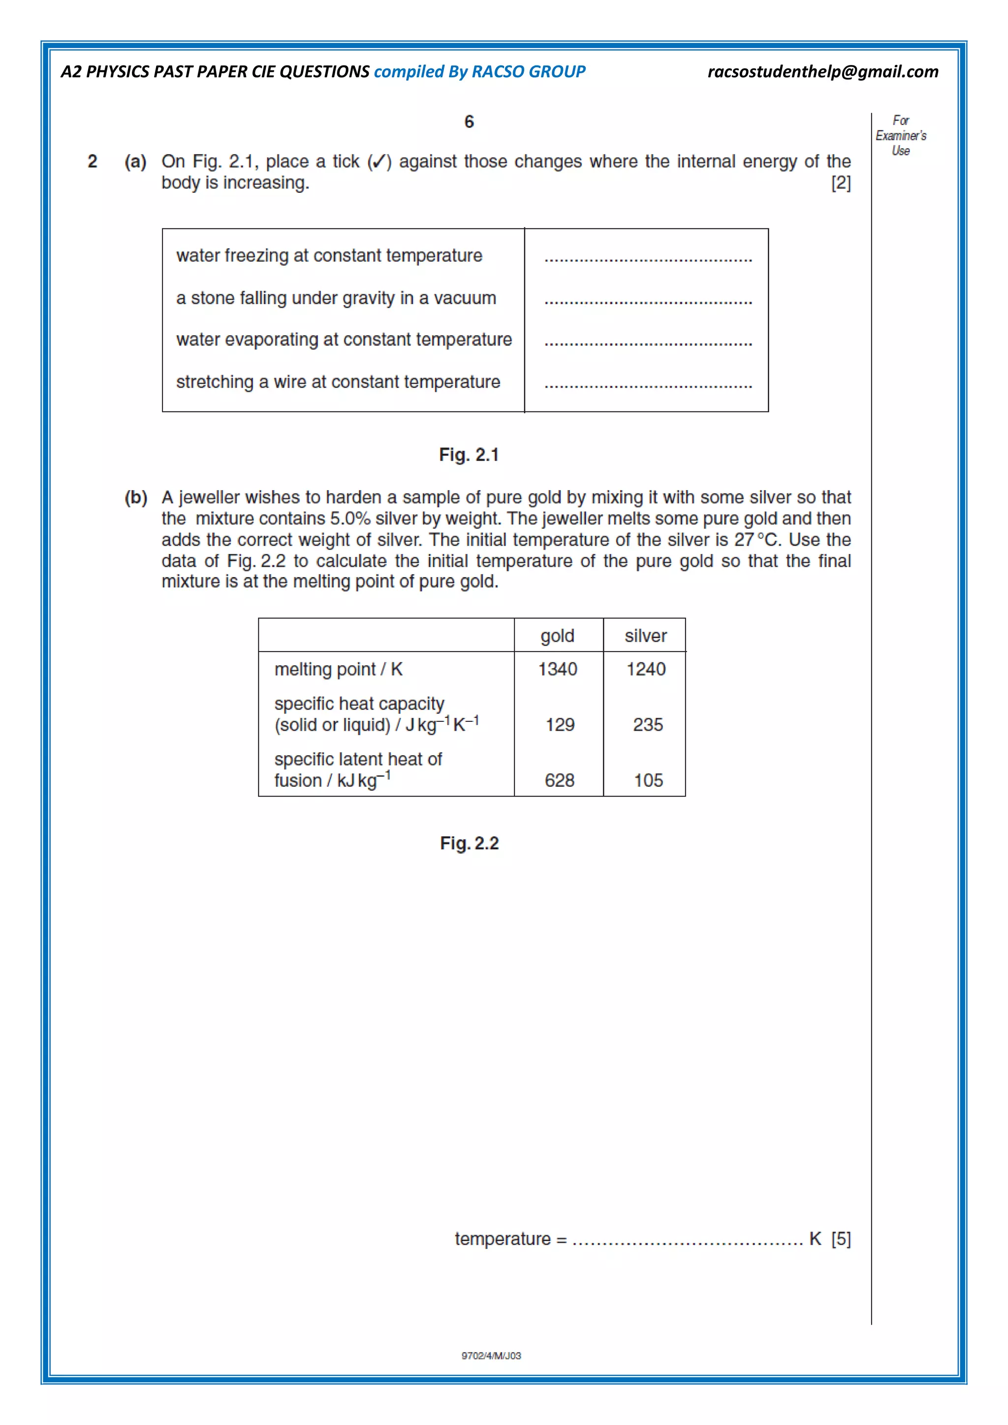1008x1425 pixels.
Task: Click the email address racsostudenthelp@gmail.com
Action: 822,72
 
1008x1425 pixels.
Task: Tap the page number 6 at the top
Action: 469,122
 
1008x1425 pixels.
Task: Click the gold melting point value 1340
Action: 557,669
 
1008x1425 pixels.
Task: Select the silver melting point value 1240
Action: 646,669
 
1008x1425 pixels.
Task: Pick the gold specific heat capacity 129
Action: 560,724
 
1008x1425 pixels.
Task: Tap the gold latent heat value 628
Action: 559,780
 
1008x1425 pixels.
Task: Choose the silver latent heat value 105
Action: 648,780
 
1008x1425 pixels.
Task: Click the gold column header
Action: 557,636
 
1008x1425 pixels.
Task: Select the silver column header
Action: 646,636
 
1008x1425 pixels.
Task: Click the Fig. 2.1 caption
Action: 469,455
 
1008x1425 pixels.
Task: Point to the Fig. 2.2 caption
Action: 469,843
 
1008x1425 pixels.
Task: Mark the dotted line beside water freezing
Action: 648,260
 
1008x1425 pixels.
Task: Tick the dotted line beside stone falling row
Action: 648,302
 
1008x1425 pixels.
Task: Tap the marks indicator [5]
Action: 841,1239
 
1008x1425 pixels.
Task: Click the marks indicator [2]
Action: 841,183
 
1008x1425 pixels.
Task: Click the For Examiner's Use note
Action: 901,135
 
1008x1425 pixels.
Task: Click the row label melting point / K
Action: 338,669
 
